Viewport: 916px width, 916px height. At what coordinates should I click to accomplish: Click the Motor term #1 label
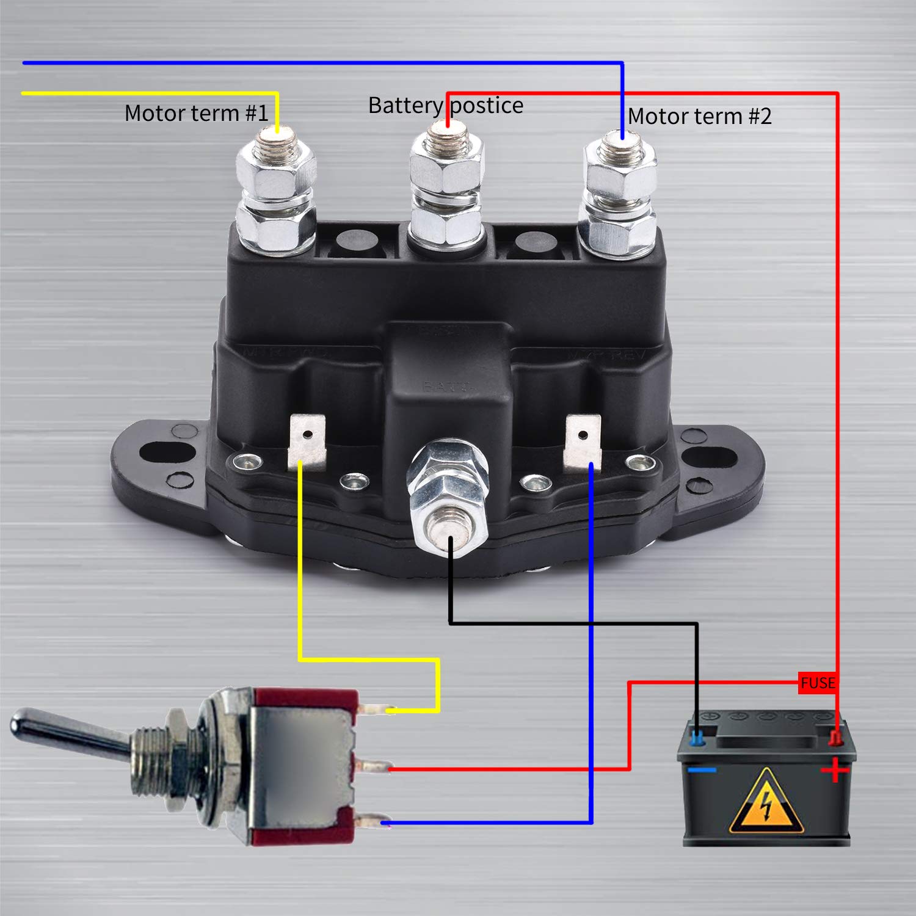(x=196, y=114)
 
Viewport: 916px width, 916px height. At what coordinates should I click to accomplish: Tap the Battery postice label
(x=445, y=106)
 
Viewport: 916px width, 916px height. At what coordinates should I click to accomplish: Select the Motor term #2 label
(x=699, y=116)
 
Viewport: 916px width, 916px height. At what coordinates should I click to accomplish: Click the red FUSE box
(x=817, y=683)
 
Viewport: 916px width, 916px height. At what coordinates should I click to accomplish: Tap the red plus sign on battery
(x=835, y=771)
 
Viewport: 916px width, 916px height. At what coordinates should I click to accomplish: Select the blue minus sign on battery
(x=702, y=770)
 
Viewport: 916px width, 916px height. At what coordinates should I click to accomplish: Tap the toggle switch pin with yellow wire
(x=374, y=710)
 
